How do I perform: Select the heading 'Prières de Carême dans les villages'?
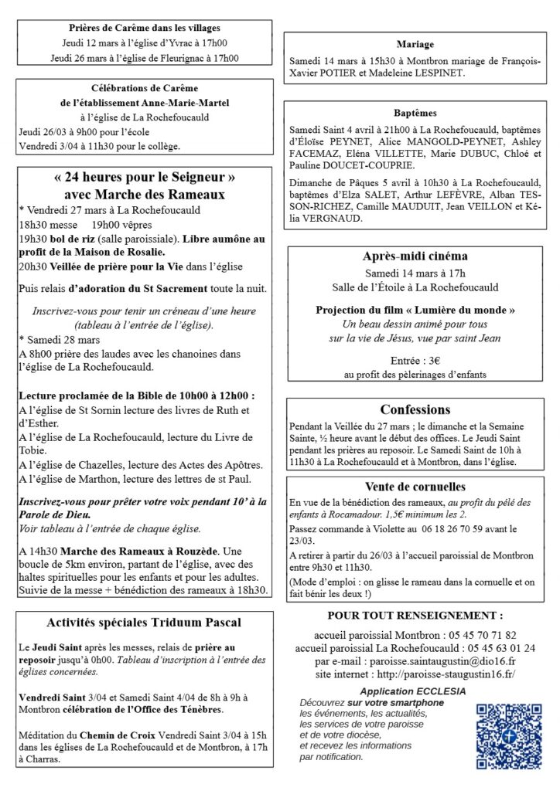pos(144,26)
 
